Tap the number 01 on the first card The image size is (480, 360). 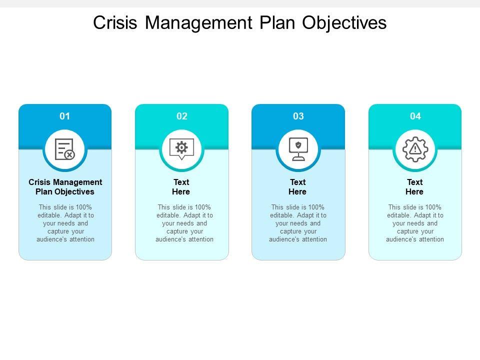point(65,116)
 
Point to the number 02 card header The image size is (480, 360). point(181,116)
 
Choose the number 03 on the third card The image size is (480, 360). point(298,116)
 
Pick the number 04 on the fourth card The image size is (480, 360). point(415,116)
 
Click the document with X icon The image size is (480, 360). point(65,148)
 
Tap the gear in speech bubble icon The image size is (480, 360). point(181,148)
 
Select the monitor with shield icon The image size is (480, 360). point(298,148)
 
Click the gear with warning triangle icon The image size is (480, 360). point(415,148)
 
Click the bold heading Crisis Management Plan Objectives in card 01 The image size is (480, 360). point(65,187)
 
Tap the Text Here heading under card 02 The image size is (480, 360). point(181,187)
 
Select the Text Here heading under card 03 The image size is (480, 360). point(298,187)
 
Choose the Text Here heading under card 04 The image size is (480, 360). point(415,187)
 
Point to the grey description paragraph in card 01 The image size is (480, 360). point(65,223)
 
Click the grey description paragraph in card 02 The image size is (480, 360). point(181,223)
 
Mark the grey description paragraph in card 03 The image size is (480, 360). point(298,223)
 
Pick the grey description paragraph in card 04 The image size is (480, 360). point(415,223)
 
